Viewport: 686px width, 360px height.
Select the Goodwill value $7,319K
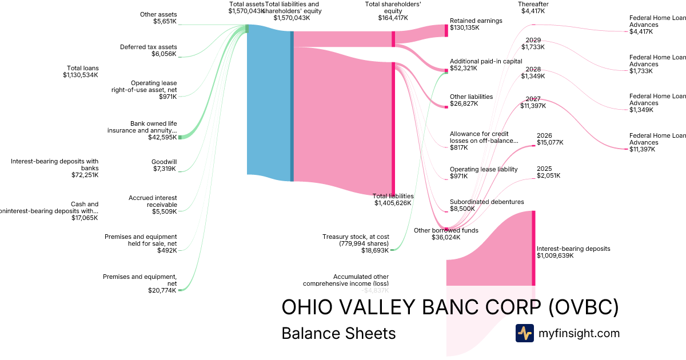[163, 169]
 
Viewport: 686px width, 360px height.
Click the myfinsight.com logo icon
[524, 333]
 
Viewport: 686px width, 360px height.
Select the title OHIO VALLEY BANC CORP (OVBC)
[450, 307]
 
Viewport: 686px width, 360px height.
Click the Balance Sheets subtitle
[338, 333]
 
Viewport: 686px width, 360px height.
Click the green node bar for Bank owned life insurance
[180, 137]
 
